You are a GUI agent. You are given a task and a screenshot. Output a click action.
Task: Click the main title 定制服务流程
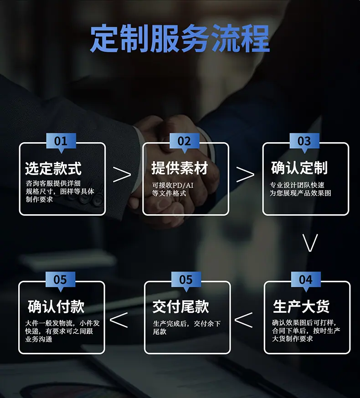point(180,38)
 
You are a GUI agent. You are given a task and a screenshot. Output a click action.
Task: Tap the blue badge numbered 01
point(61,141)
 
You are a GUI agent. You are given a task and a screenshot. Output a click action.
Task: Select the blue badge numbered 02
point(184,141)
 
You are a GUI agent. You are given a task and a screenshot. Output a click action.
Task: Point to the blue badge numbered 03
point(304,141)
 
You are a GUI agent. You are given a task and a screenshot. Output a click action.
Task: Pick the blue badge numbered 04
point(306,279)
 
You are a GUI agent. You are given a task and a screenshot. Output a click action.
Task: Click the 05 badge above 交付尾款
point(186,279)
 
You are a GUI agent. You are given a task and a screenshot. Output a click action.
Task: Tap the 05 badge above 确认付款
point(60,279)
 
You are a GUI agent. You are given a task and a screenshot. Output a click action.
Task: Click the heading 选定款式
point(53,169)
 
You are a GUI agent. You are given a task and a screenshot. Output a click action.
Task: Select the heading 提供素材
point(180,169)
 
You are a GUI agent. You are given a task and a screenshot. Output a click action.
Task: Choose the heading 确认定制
point(299,169)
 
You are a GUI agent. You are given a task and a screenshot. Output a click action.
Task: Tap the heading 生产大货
point(301,307)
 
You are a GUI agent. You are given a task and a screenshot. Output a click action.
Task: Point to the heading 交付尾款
point(181,307)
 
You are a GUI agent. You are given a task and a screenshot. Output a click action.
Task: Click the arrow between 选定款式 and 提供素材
point(122,174)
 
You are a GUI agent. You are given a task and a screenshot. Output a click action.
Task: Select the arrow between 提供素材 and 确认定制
point(245,174)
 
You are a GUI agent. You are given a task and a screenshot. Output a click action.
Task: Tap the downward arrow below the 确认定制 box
point(310,243)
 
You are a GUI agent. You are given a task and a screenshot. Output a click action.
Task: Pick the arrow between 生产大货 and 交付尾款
point(243,320)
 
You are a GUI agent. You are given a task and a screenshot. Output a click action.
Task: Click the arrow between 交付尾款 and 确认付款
point(118,320)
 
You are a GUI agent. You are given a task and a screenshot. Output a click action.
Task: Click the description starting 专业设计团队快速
point(300,189)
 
